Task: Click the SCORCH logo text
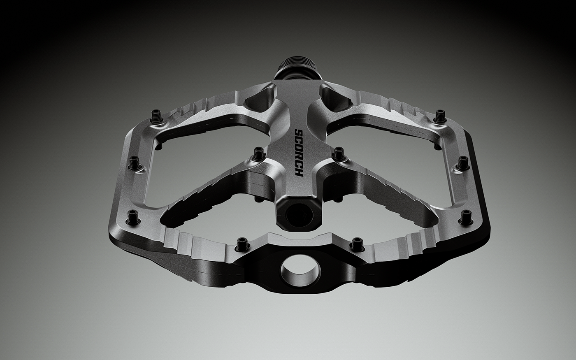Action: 299,153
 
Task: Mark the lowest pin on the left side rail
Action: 132,216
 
